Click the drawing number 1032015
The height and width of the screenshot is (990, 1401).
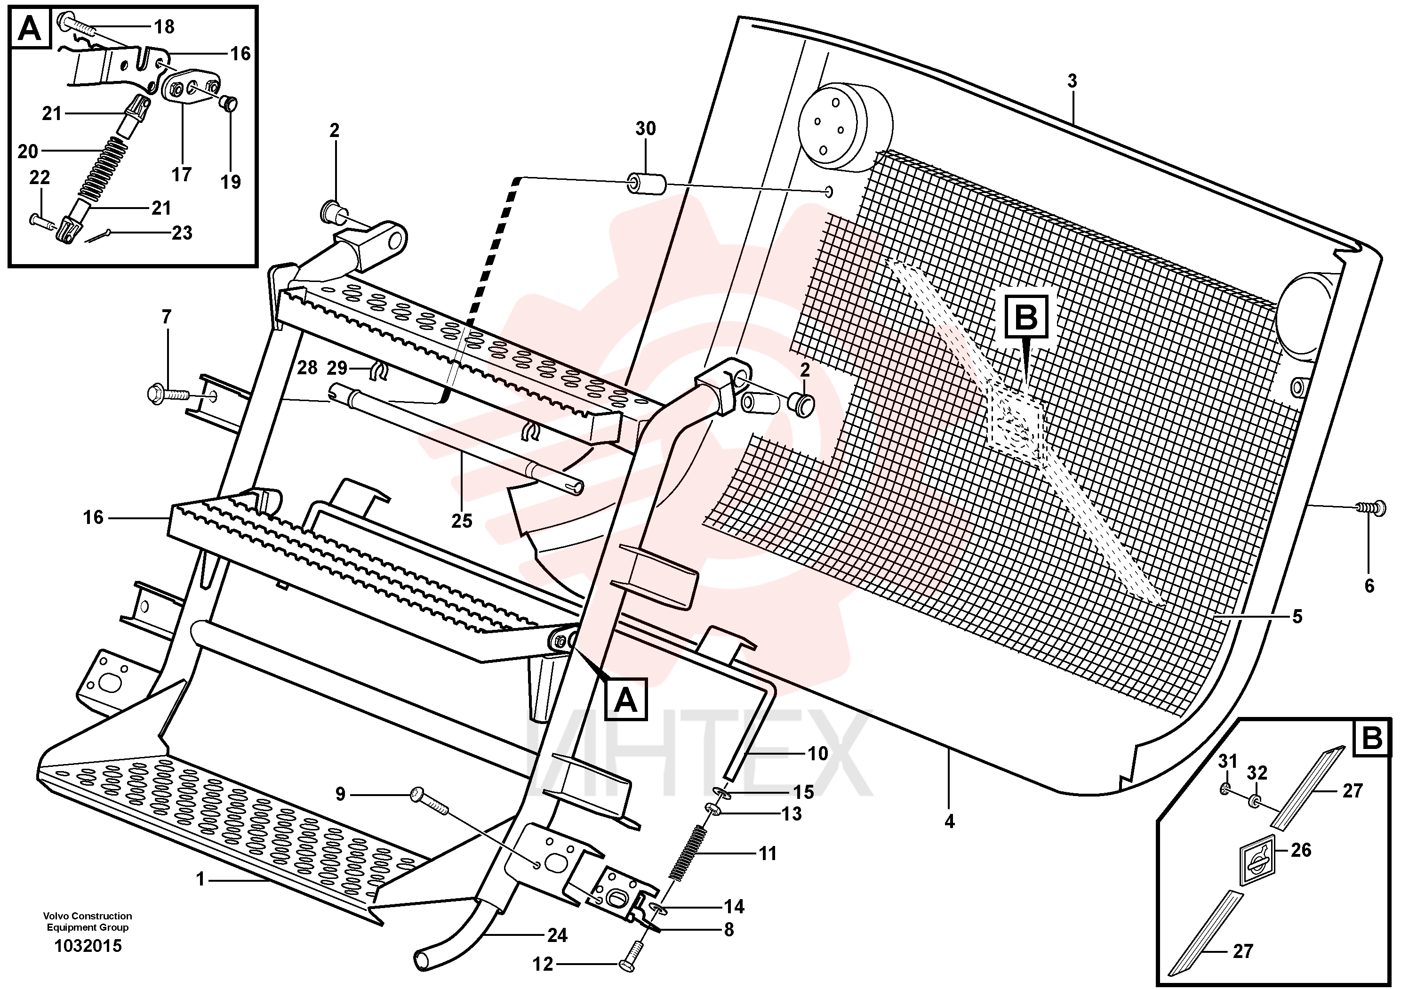(88, 946)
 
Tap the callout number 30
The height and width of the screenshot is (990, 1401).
(645, 129)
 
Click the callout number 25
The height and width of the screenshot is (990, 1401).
(462, 521)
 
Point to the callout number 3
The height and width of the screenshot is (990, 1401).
(1072, 80)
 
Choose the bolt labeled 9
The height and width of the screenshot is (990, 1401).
(430, 801)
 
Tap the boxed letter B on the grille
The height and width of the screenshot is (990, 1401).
(1026, 317)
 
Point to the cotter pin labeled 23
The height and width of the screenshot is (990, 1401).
(97, 235)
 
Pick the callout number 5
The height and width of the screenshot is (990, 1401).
(1297, 617)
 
